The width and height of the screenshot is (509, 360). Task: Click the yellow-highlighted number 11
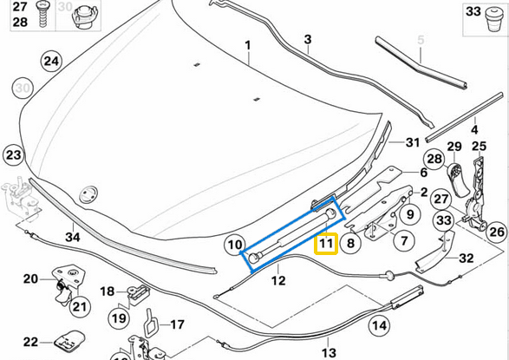(325, 243)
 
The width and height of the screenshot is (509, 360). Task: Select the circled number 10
(235, 245)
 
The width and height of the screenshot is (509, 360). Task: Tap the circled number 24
(51, 61)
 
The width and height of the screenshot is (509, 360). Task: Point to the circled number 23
(13, 154)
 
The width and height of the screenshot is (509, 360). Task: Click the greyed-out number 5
(421, 40)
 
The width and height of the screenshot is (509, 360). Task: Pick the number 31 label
(413, 142)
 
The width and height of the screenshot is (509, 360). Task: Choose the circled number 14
(379, 325)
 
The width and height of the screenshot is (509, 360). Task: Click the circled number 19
(119, 318)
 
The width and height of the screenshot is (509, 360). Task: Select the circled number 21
(80, 307)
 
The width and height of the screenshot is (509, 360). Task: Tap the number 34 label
(73, 237)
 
